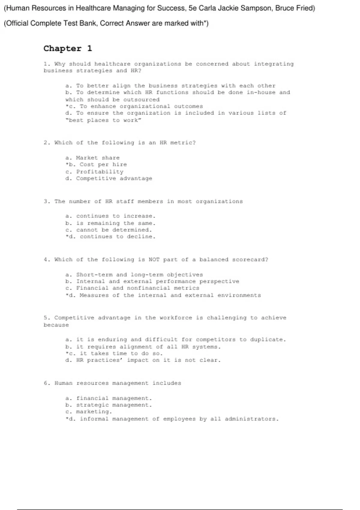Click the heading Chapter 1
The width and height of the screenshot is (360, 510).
68,49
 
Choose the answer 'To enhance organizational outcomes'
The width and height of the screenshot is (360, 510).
141,106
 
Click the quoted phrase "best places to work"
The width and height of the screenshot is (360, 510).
103,120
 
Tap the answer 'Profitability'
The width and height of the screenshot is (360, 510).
100,172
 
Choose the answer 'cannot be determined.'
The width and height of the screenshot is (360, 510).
114,230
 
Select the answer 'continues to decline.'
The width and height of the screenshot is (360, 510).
118,237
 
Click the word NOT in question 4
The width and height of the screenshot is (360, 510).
154,259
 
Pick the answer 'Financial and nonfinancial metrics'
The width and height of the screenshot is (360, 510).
137,288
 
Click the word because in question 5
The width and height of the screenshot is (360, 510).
56,325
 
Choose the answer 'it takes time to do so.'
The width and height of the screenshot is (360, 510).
121,354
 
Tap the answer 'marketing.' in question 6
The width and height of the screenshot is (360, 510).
94,412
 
